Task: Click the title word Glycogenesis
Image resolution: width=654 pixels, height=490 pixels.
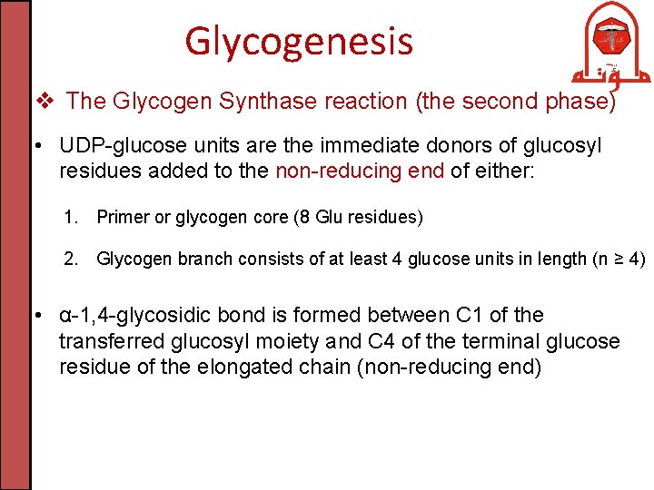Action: pos(299,41)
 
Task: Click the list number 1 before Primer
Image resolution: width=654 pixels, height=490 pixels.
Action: pos(71,217)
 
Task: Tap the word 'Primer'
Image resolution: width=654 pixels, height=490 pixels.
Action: pos(122,217)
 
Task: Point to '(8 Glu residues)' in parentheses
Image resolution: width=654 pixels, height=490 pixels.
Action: pos(364,217)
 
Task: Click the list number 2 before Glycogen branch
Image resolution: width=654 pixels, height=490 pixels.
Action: pos(71,260)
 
